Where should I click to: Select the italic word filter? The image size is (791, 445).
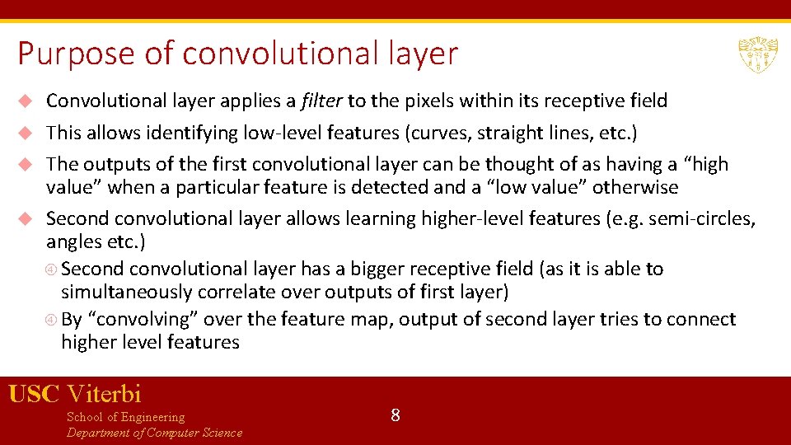click(322, 101)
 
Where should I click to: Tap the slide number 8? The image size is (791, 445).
click(395, 415)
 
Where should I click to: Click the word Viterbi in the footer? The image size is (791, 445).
click(105, 393)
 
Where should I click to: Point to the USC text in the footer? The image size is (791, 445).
click(34, 393)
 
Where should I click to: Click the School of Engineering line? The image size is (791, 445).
click(125, 417)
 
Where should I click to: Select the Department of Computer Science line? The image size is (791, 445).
click(154, 433)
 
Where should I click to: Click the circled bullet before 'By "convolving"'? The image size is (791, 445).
click(51, 320)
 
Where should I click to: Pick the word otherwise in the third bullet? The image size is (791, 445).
click(634, 187)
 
